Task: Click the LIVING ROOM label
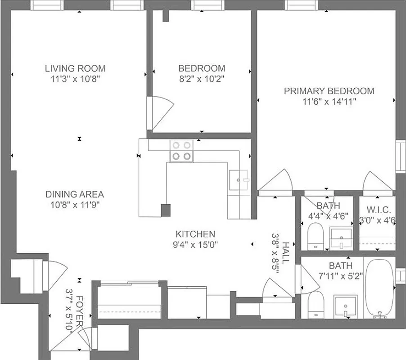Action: [x=75, y=68]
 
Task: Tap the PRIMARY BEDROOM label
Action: [x=329, y=91]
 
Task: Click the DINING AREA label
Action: [x=75, y=194]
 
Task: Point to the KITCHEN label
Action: [x=195, y=234]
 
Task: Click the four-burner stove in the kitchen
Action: [x=181, y=150]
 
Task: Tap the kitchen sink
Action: [x=239, y=180]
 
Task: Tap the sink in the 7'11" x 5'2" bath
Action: [x=345, y=306]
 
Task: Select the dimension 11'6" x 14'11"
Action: [x=329, y=102]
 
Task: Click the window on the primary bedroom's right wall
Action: [x=399, y=156]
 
